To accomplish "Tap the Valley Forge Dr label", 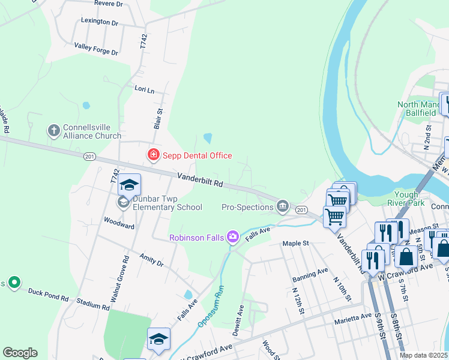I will click(96, 49).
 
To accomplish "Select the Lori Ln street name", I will click(144, 89).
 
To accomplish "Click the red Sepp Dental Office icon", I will click(153, 155).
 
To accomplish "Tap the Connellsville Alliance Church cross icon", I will click(53, 130).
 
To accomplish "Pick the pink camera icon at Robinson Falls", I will click(232, 238).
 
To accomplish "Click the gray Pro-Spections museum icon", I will click(282, 207).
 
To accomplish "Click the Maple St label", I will click(295, 244).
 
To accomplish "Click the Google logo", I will click(20, 353).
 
